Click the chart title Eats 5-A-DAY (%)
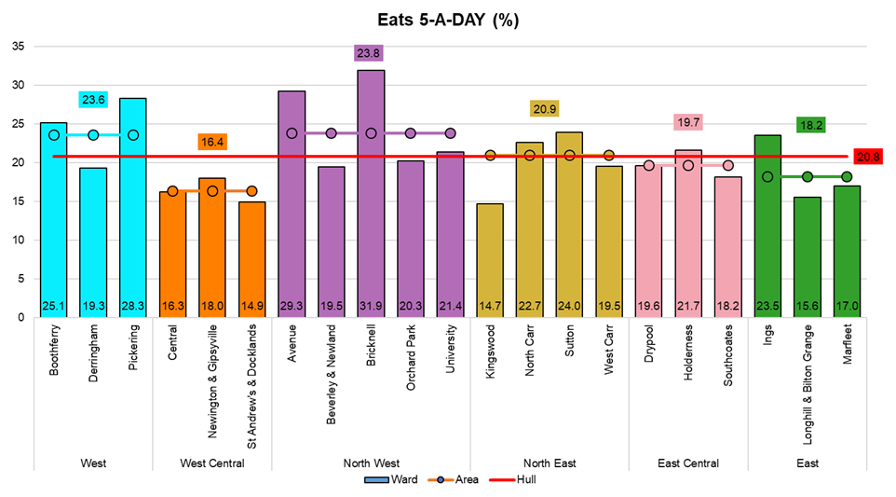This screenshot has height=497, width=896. point(448,20)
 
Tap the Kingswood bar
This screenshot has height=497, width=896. point(490,260)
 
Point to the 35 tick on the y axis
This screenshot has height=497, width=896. point(19,47)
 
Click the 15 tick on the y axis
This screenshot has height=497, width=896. point(19,201)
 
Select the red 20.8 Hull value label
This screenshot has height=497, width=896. point(868,158)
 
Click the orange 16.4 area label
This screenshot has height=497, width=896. point(212,143)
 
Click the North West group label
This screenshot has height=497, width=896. point(371,463)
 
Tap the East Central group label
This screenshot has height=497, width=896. point(688,463)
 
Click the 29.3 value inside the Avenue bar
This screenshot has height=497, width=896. point(292,305)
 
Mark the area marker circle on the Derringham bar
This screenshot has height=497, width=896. point(93,135)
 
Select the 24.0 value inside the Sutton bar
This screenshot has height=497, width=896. point(569,305)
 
